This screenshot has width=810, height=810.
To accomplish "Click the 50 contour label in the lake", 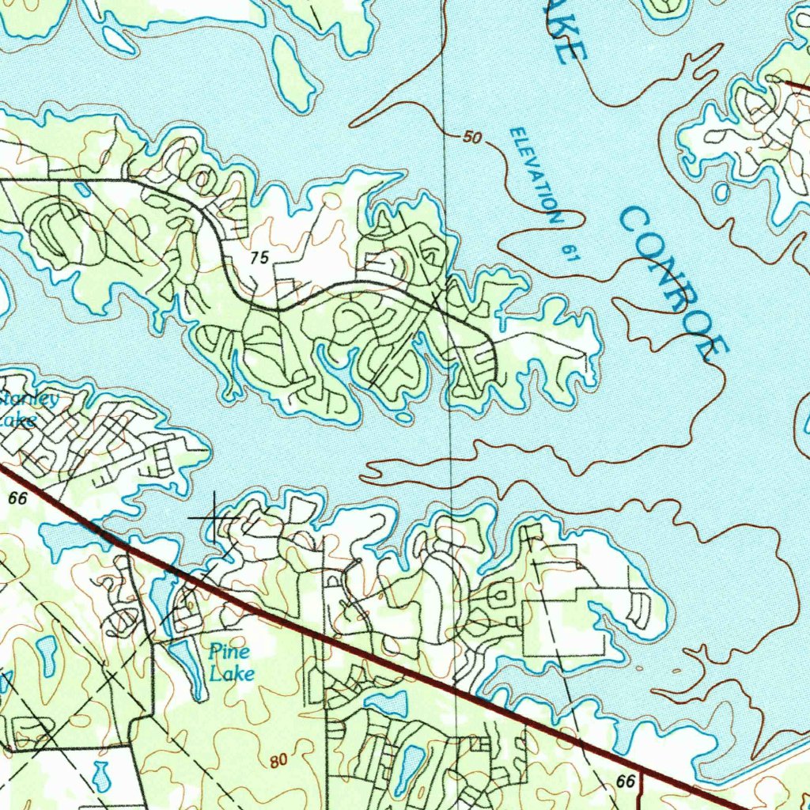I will [x=472, y=138].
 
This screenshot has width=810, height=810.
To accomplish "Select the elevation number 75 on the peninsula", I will [x=259, y=258].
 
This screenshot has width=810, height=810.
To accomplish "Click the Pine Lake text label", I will [x=231, y=663].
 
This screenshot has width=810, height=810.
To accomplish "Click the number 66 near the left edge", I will [x=19, y=498].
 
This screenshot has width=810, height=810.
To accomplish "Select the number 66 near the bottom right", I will [x=626, y=782].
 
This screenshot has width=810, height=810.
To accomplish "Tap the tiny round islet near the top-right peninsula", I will [x=721, y=192].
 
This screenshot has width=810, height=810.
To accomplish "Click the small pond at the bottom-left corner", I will [x=100, y=775].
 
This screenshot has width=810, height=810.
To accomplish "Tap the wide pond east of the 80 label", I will [x=385, y=702].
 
